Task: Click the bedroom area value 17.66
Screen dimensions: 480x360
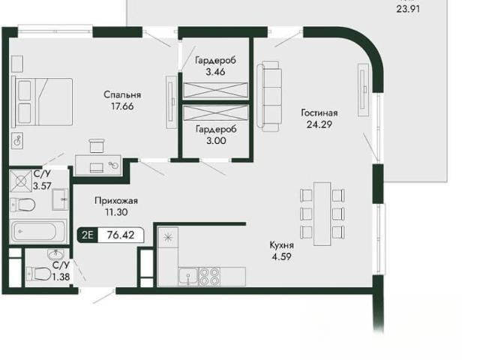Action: coord(122,106)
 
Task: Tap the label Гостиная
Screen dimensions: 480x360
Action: coord(319,113)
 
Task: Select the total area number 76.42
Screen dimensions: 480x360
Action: coord(121,235)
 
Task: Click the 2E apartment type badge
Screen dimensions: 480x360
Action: coord(88,235)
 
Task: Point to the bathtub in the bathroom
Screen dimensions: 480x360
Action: coord(38,232)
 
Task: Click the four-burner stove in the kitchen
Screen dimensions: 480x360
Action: coord(210,277)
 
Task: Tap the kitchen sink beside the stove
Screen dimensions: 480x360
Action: coord(188,277)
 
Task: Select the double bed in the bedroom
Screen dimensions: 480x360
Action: coord(42,102)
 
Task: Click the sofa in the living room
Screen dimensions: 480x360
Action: coord(269,96)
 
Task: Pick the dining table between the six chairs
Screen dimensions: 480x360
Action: coord(322,214)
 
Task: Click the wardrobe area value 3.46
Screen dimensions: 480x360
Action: coord(215,72)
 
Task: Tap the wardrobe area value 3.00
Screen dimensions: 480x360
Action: coord(217,141)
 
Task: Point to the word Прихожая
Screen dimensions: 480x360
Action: coord(116,201)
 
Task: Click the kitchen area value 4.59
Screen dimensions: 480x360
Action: coord(282,256)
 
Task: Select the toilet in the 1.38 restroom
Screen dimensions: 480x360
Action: coord(39,273)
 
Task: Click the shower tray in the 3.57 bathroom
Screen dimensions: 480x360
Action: coord(21,181)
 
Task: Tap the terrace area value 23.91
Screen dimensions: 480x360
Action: coord(408,9)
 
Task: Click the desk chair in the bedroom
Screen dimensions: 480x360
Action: coord(97,145)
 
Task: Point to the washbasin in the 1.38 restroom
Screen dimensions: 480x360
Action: coord(55,254)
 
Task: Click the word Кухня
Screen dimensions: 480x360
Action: coord(282,245)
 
